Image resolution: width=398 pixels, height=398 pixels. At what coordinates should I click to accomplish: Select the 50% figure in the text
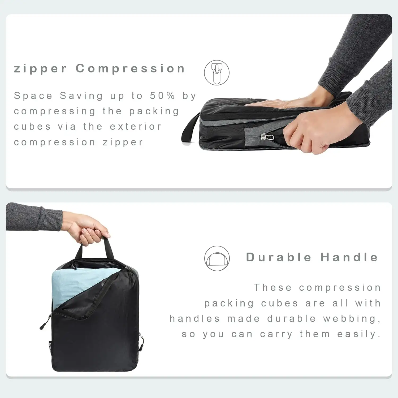point(162,96)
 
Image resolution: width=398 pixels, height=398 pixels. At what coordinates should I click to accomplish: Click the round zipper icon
point(217,73)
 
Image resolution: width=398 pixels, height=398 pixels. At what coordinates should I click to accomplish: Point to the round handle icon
point(217,258)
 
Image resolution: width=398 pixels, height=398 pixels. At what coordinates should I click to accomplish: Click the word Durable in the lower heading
point(279,257)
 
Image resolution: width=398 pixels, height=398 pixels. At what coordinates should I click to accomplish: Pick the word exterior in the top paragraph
point(135,127)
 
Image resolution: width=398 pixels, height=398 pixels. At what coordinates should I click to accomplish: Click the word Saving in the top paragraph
point(81,96)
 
